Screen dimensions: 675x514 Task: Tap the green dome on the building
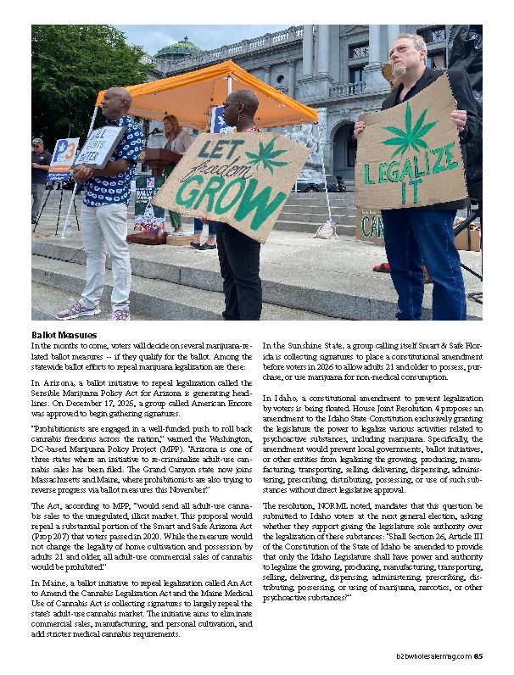coord(178,48)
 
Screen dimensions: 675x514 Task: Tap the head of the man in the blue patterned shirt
coord(116,101)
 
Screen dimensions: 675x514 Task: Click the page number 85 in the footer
coord(478,655)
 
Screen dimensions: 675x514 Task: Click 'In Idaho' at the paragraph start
coord(281,397)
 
